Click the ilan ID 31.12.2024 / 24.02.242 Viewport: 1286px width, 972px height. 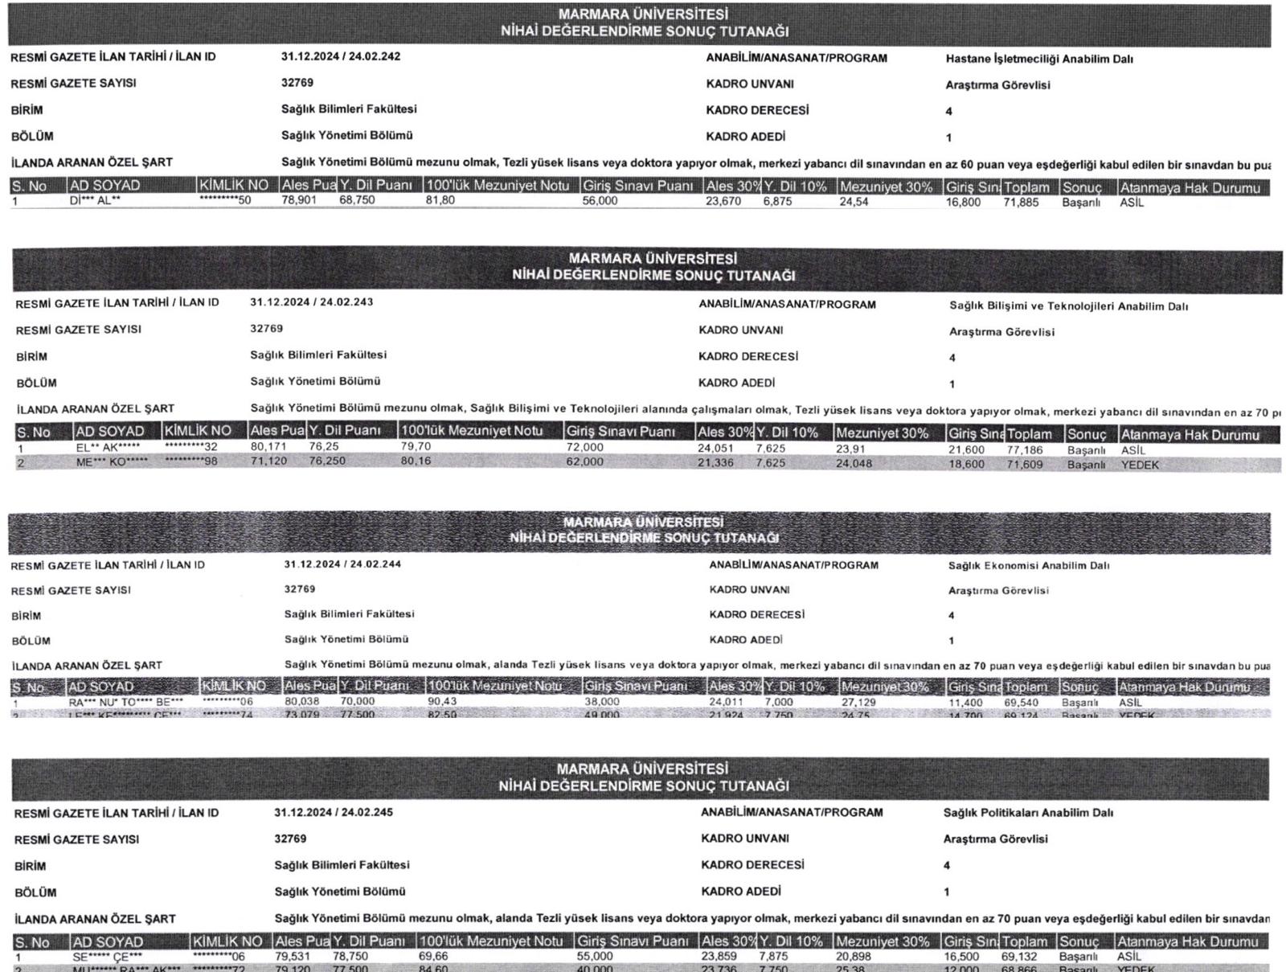pyautogui.click(x=341, y=57)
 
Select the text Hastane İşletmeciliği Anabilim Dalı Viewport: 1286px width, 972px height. pyautogui.click(x=1039, y=59)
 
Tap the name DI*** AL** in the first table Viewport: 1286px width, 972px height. pyautogui.click(x=95, y=201)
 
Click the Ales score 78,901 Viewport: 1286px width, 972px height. pyautogui.click(x=299, y=200)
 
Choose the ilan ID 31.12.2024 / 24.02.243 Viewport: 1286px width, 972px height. pyautogui.click(x=311, y=302)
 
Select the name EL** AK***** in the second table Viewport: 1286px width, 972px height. pyautogui.click(x=108, y=447)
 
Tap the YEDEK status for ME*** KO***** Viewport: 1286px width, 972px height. pyautogui.click(x=1140, y=465)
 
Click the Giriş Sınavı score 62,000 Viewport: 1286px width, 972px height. pyautogui.click(x=584, y=462)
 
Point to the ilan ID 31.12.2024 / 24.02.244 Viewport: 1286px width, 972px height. pyautogui.click(x=342, y=564)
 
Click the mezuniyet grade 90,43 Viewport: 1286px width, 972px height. pyautogui.click(x=442, y=702)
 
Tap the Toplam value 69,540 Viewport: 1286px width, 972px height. pyautogui.click(x=1022, y=703)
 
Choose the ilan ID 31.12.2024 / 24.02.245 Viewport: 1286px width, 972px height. pyautogui.click(x=334, y=813)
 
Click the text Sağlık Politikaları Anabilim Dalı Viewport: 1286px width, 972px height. pyautogui.click(x=1028, y=814)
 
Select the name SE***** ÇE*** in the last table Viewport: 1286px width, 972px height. pyautogui.click(x=107, y=957)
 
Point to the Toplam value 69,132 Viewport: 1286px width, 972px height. pyautogui.click(x=1019, y=958)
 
